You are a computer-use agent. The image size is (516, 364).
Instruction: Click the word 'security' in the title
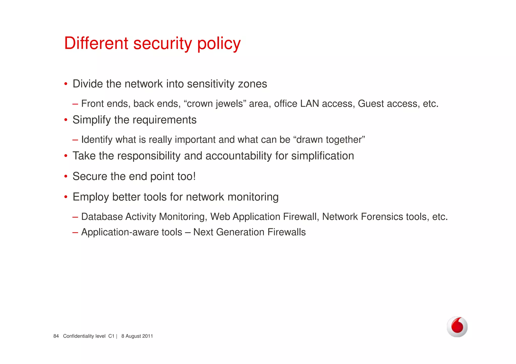pos(163,44)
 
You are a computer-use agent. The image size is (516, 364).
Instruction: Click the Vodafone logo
pos(457,327)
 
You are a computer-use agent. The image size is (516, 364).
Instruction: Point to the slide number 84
pos(56,336)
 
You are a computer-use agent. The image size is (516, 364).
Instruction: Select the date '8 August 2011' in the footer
pos(137,336)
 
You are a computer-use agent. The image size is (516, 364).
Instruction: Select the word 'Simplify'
pos(91,120)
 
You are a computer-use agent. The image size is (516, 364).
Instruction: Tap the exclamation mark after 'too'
pos(194,176)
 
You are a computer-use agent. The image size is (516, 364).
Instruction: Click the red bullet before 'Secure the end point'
pos(66,176)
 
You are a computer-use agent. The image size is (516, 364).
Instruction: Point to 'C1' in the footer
pos(111,336)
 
